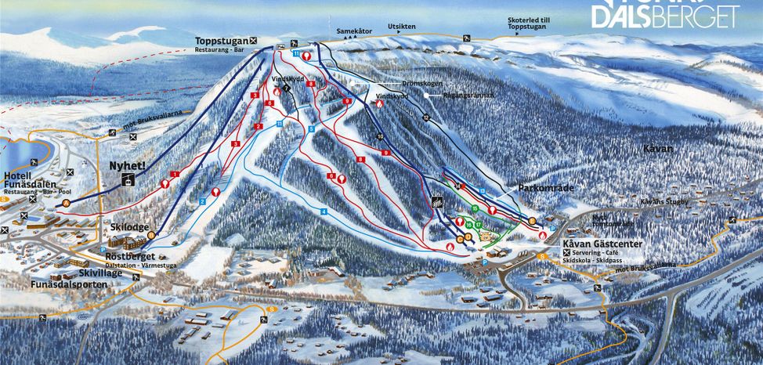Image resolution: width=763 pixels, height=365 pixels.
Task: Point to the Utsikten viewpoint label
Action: (x=401, y=27)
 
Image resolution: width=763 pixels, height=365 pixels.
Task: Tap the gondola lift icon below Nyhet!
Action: (x=126, y=180)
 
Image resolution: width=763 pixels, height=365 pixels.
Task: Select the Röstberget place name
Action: (x=131, y=257)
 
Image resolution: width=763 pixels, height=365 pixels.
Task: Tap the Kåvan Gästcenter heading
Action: (x=602, y=244)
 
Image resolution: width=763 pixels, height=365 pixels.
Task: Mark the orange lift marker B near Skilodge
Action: (x=151, y=234)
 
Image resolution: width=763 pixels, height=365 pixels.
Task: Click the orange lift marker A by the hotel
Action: (x=67, y=203)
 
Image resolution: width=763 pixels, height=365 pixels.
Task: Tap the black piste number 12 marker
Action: (x=426, y=117)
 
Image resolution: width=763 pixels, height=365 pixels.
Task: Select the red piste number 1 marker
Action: (x=175, y=173)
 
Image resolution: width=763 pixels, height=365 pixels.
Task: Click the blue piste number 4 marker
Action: (x=323, y=211)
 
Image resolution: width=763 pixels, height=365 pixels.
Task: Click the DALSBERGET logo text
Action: (x=666, y=16)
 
